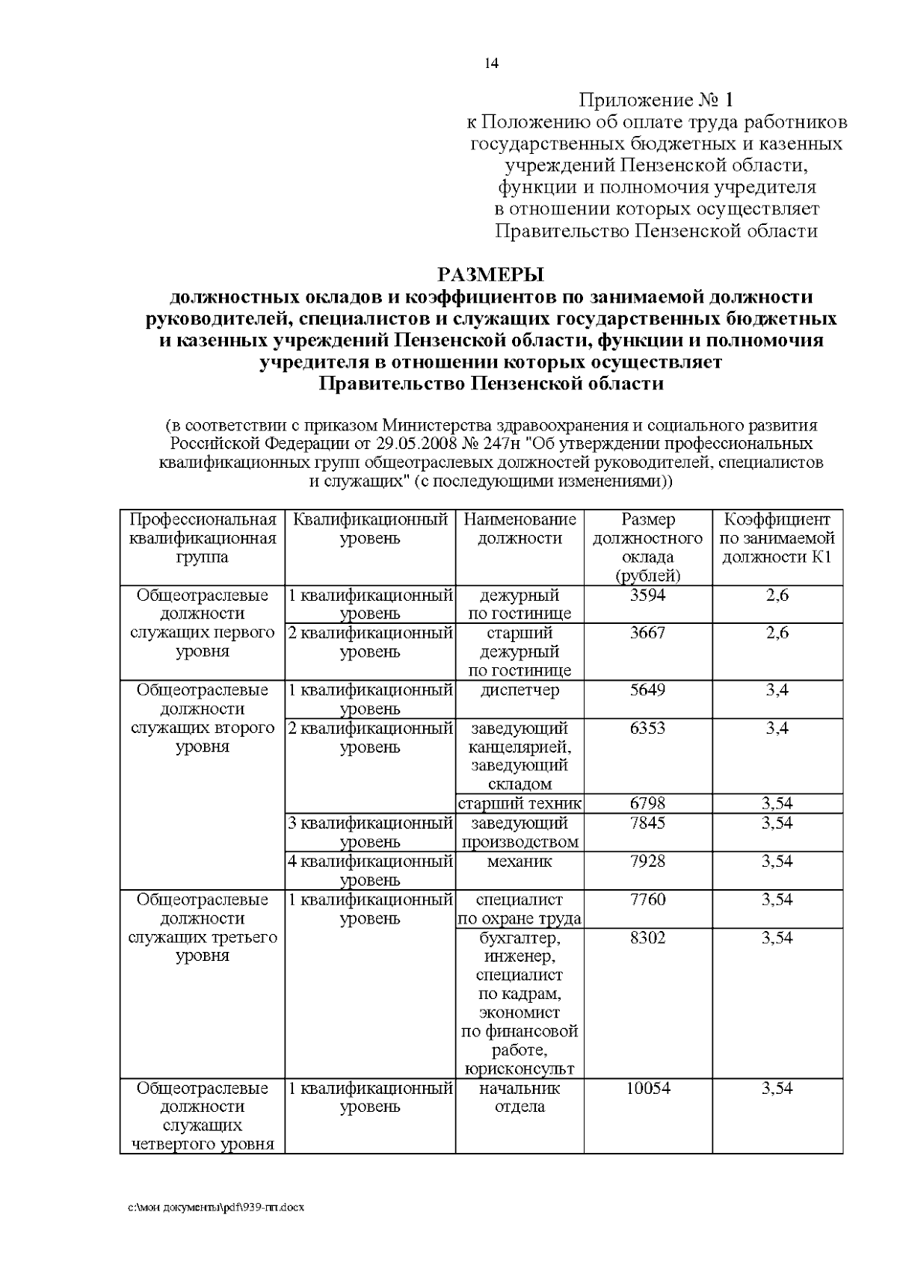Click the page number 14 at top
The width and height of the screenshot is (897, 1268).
(x=491, y=64)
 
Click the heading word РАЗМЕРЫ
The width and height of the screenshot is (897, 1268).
(x=491, y=274)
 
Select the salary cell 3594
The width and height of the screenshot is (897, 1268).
(x=647, y=596)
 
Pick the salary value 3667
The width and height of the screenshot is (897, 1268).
(x=647, y=633)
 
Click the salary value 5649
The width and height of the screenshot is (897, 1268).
(x=647, y=690)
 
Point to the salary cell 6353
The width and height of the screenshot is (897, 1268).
(x=647, y=728)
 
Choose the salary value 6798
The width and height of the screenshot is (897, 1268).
(x=647, y=803)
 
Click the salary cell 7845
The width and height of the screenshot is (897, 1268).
(x=647, y=823)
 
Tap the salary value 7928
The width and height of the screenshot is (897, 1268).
(x=647, y=861)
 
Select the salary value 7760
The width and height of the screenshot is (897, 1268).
(x=647, y=899)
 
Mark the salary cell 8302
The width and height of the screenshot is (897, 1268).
(x=647, y=937)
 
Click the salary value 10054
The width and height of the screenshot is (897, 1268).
(x=647, y=1088)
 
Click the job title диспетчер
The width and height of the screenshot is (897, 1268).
(x=520, y=690)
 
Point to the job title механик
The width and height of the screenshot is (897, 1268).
(x=520, y=861)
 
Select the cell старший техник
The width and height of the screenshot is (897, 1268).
(x=520, y=803)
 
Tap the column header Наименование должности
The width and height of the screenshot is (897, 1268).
(x=520, y=528)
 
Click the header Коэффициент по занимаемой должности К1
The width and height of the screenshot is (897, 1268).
(x=777, y=538)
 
